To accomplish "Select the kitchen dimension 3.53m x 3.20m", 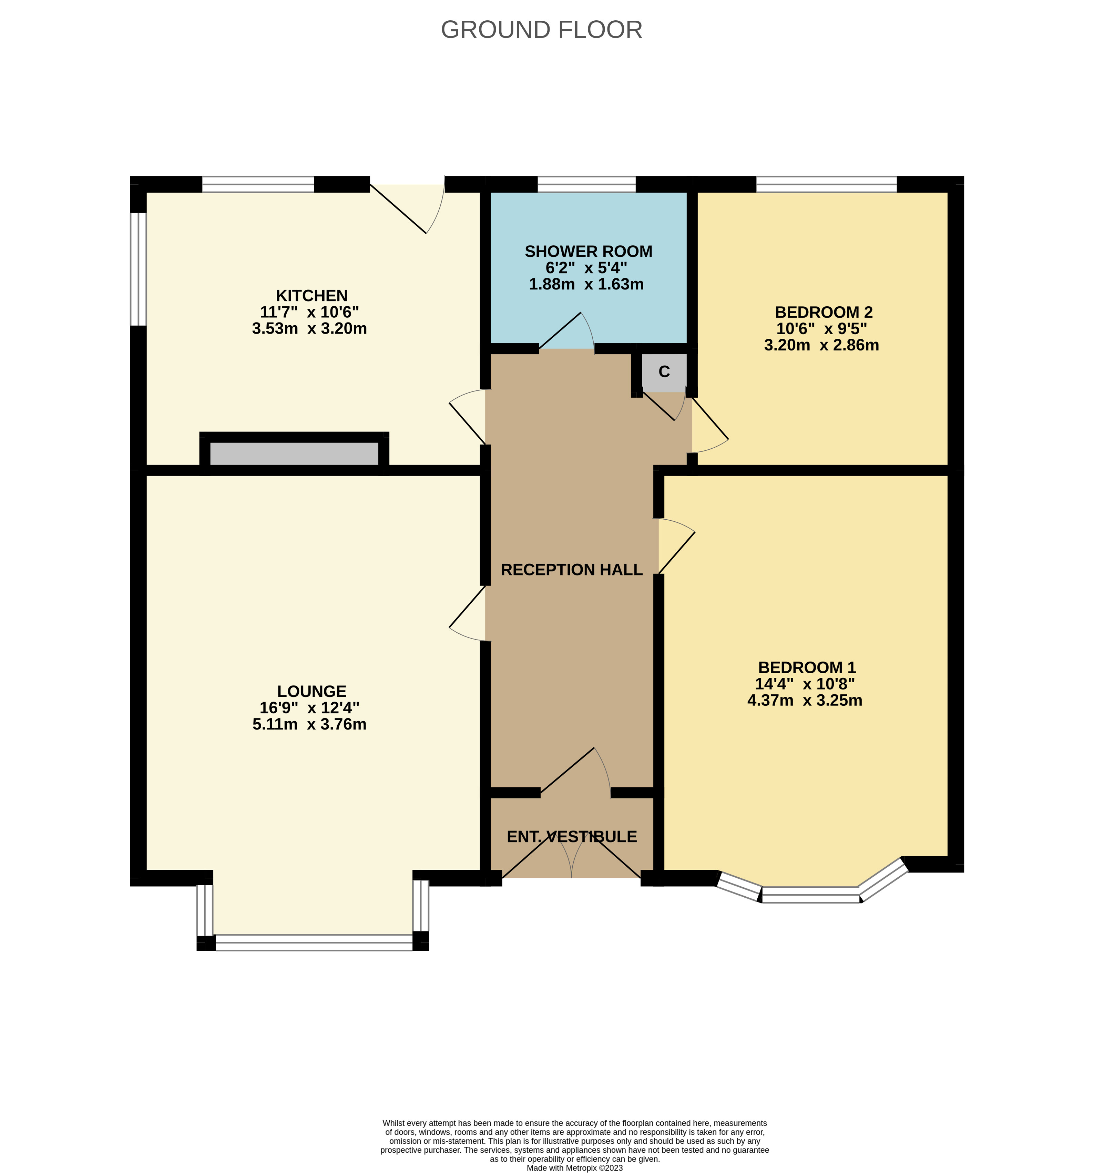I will pyautogui.click(x=309, y=329).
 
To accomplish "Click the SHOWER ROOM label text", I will pyautogui.click(x=588, y=251).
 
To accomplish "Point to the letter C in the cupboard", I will pyautogui.click(x=664, y=372).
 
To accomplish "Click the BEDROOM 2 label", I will pyautogui.click(x=824, y=312).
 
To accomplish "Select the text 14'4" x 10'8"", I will pyautogui.click(x=805, y=684).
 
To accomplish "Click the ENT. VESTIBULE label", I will pyautogui.click(x=572, y=837).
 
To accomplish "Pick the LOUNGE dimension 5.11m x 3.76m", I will pyautogui.click(x=309, y=724).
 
